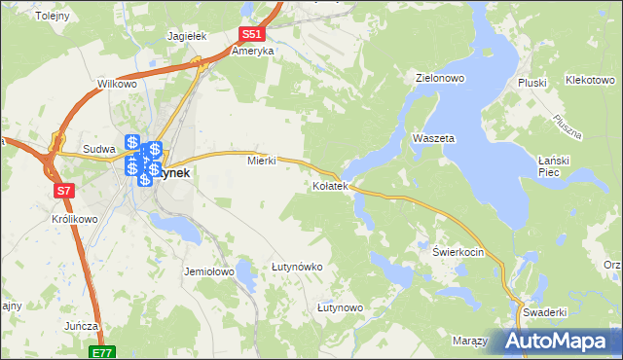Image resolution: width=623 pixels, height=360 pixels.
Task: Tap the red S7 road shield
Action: pyautogui.click(x=64, y=191)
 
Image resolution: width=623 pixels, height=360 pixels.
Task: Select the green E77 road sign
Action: pyautogui.click(x=103, y=353)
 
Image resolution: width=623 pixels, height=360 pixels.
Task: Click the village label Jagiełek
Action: pyautogui.click(x=188, y=36)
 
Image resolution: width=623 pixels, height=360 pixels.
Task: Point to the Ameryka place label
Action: pyautogui.click(x=252, y=51)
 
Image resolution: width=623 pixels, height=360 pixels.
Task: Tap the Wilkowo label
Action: pyautogui.click(x=117, y=85)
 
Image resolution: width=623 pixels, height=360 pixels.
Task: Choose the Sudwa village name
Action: pyautogui.click(x=100, y=150)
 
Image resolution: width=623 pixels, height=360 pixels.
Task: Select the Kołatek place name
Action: pyautogui.click(x=330, y=186)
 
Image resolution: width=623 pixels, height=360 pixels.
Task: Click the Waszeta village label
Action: pyautogui.click(x=433, y=139)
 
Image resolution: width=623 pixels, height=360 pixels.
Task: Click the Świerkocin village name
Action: pyautogui.click(x=458, y=251)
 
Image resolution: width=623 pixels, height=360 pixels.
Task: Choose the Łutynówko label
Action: pyautogui.click(x=297, y=267)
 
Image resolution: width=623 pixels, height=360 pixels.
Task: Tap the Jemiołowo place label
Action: pyautogui.click(x=209, y=272)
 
